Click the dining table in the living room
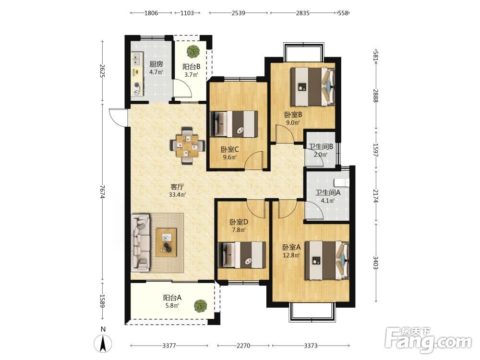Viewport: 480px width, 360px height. [187, 146]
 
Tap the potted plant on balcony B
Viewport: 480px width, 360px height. [193, 51]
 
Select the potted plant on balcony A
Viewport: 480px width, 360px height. [200, 306]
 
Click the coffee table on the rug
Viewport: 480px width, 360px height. [166, 242]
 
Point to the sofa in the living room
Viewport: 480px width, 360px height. [141, 243]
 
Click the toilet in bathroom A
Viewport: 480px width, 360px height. [342, 182]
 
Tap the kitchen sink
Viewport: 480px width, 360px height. [136, 59]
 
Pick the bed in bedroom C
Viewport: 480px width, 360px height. [234, 124]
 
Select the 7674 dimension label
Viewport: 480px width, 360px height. [103, 192]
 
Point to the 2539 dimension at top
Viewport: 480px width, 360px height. [238, 13]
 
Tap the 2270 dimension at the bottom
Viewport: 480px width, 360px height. [243, 346]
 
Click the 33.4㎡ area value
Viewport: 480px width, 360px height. [177, 194]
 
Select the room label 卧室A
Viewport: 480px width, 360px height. [291, 247]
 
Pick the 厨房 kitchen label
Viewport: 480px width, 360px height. [156, 64]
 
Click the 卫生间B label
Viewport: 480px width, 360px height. [321, 146]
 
